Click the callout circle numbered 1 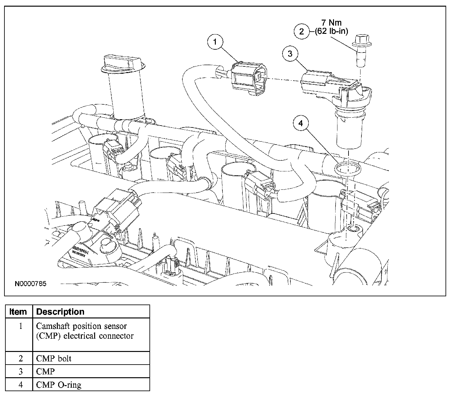[x=215, y=42]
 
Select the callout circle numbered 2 [x=301, y=31]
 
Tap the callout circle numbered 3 [x=290, y=54]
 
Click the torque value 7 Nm [x=331, y=23]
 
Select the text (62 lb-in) [x=331, y=31]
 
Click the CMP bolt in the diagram [x=359, y=51]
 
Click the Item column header [x=18, y=312]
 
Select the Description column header [x=60, y=312]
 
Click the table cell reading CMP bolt [x=54, y=359]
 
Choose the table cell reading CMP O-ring [x=59, y=385]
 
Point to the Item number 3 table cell [x=21, y=371]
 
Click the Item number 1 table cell [x=21, y=326]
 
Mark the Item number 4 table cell [x=21, y=385]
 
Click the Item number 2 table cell [x=21, y=359]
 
